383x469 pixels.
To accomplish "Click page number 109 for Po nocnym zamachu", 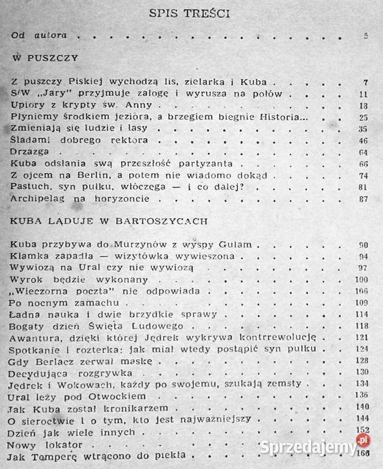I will click(362, 303).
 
